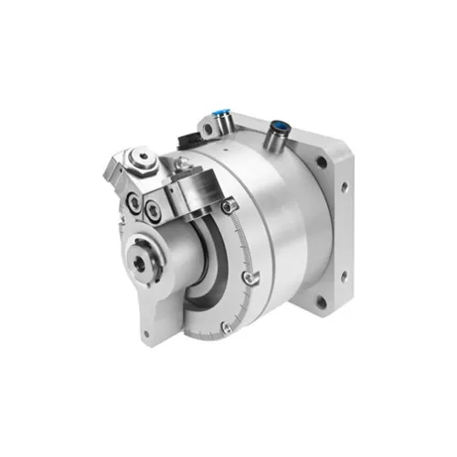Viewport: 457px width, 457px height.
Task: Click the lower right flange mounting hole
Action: point(321,298)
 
